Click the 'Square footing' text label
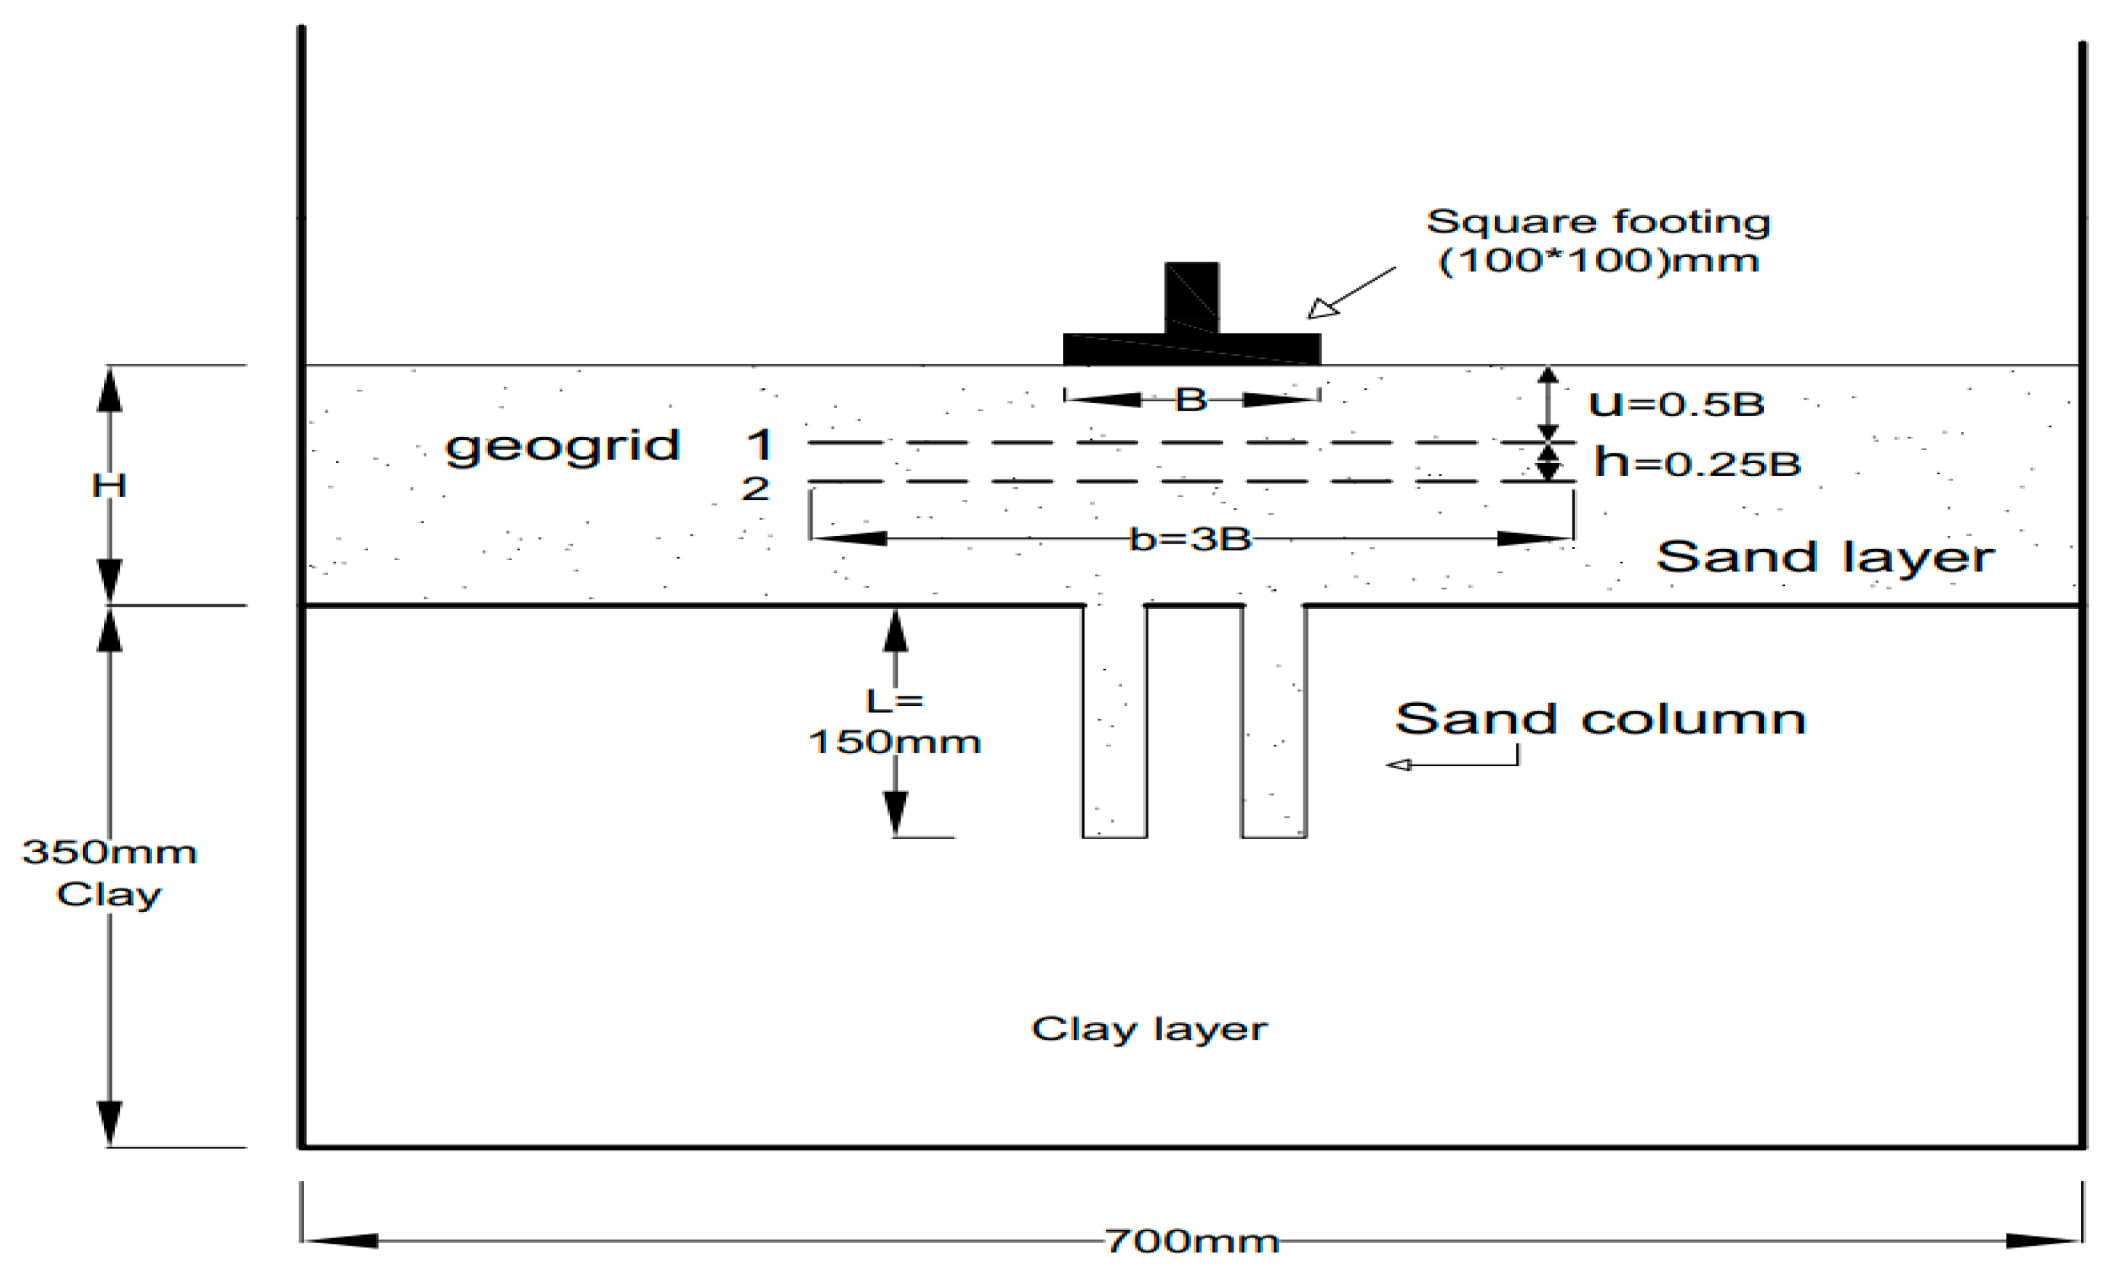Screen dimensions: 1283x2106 (x=1598, y=222)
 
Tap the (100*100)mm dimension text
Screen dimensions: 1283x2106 (x=1598, y=261)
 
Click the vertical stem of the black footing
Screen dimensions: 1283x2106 (x=1192, y=296)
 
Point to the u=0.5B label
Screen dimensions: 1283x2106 (x=1676, y=404)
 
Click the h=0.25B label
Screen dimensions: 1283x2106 (x=1696, y=464)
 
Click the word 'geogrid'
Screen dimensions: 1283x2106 (x=562, y=446)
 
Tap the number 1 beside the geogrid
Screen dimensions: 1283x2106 (x=759, y=445)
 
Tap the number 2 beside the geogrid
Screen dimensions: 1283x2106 (x=755, y=489)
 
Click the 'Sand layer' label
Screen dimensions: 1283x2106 (x=1824, y=557)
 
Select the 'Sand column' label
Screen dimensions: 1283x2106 (x=1600, y=719)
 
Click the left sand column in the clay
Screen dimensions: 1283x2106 (x=1114, y=722)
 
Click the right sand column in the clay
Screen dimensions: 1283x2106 (x=1274, y=722)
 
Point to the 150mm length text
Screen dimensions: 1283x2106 (x=894, y=742)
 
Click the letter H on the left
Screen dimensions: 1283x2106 (x=109, y=486)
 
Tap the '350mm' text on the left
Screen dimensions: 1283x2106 (x=109, y=851)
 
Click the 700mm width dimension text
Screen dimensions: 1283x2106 (x=1192, y=1241)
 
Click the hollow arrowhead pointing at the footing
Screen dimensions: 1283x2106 (x=1322, y=309)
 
